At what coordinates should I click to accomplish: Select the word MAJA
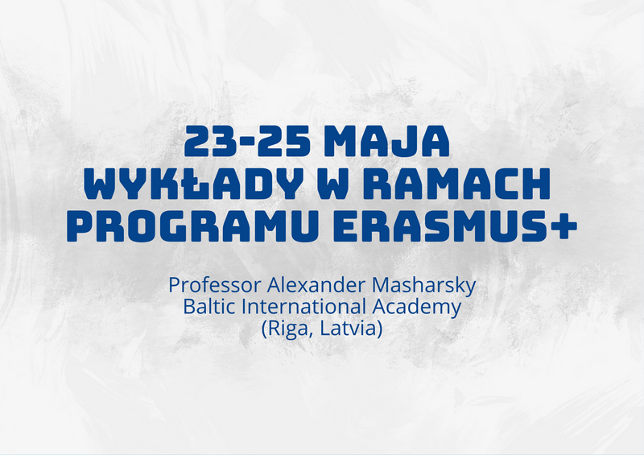pos(386,141)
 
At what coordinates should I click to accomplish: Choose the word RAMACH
pos(456,184)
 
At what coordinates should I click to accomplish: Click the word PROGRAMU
pos(192,225)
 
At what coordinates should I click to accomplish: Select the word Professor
pos(215,285)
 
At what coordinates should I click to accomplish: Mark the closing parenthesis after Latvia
pos(379,329)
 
